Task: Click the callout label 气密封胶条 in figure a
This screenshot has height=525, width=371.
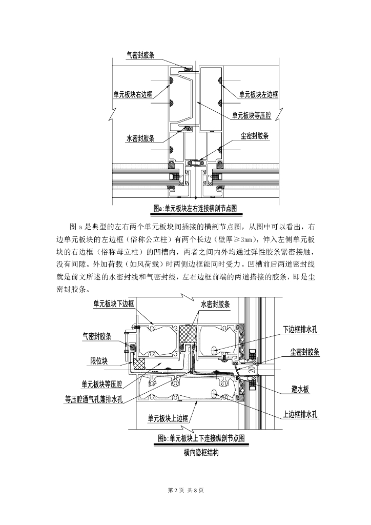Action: click(145, 55)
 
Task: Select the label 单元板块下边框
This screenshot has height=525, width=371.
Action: click(113, 304)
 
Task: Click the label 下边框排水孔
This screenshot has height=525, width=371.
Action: click(300, 330)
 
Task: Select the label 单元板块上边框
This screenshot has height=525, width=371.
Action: click(168, 418)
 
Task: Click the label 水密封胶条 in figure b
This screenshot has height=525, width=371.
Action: click(215, 305)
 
